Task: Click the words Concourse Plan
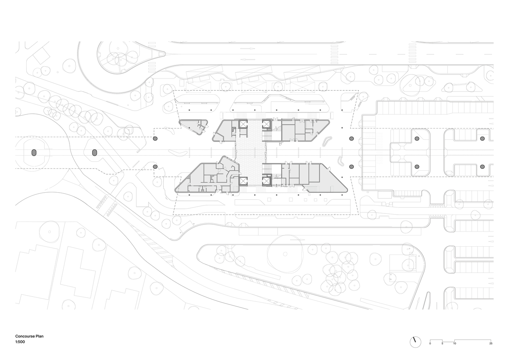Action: coord(29,336)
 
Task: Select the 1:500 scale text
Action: coord(20,342)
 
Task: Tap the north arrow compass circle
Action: coord(415,342)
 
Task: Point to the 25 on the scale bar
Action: coord(491,343)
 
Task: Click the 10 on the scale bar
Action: coord(454,343)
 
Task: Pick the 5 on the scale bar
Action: coord(442,343)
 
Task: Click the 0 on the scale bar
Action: coord(430,343)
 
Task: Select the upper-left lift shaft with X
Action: coord(243,124)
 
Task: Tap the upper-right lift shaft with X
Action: coord(266,124)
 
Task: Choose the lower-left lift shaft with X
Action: coord(243,181)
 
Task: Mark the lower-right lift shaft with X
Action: coord(266,181)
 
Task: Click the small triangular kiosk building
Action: coord(194,126)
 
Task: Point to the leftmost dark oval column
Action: coord(34,153)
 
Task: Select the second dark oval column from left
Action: coord(95,153)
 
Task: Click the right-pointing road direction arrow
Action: coord(247,48)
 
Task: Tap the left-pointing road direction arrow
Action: coord(247,59)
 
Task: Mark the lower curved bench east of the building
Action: coord(340,161)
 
